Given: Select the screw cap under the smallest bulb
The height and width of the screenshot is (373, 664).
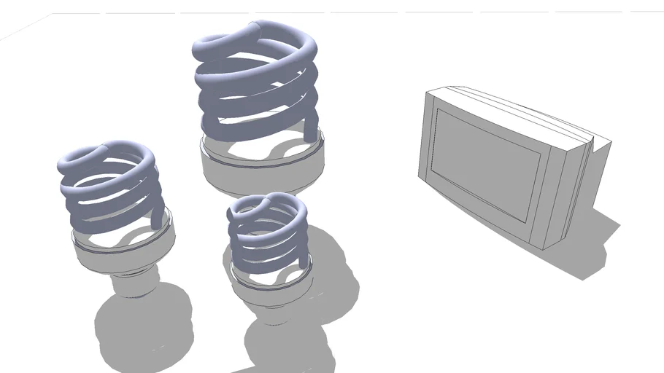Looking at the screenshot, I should point(273,313).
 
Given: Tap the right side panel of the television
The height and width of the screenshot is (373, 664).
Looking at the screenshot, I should point(576,189).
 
